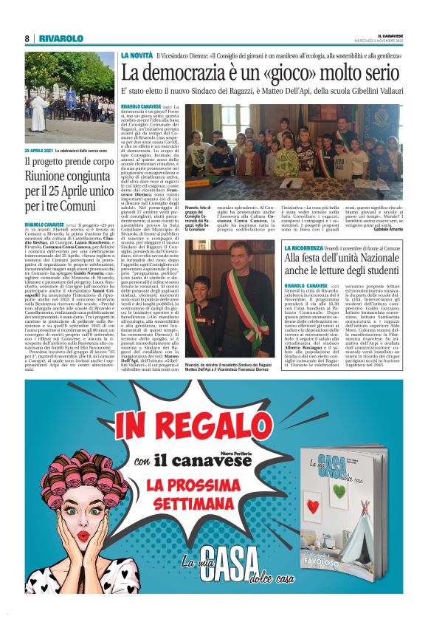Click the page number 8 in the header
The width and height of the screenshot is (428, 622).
(27, 38)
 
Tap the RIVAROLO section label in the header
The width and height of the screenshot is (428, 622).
(61, 38)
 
